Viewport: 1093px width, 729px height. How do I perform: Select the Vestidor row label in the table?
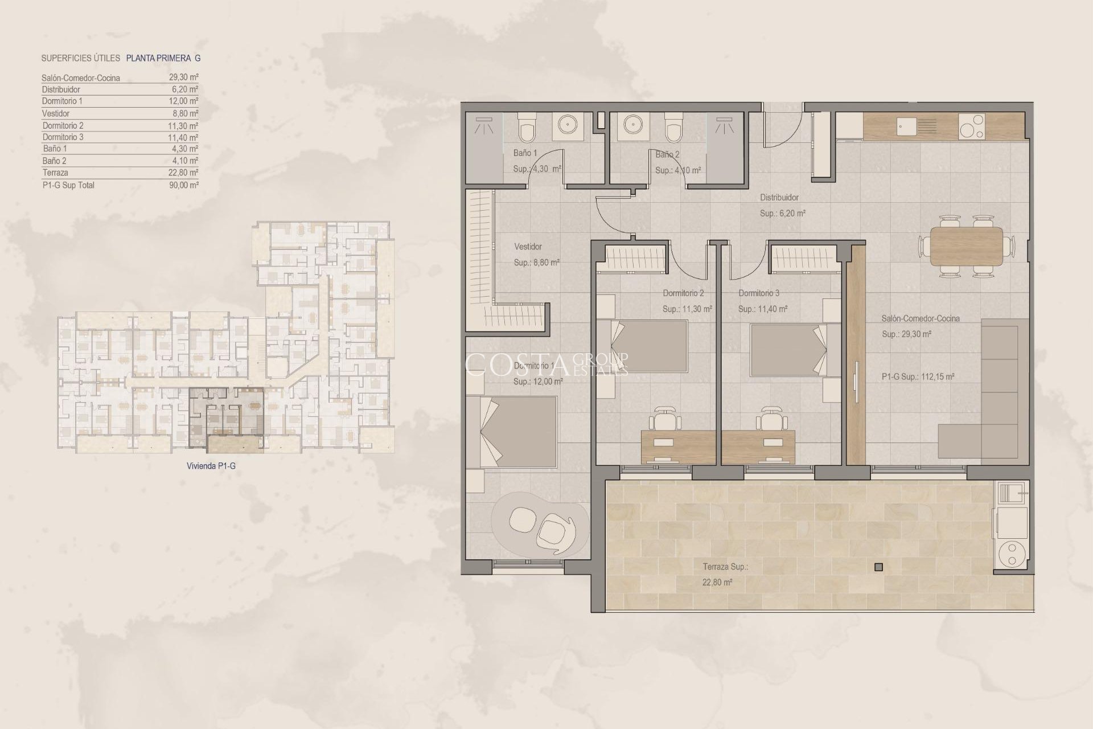click(x=56, y=113)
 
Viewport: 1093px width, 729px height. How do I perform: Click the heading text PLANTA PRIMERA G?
click(x=163, y=58)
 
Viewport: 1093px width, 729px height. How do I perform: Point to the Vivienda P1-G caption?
click(x=211, y=466)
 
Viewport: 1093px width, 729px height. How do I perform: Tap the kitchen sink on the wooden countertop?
click(x=907, y=126)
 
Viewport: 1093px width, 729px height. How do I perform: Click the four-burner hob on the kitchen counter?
click(x=971, y=126)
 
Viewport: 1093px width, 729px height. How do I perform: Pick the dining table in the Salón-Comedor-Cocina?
click(x=967, y=247)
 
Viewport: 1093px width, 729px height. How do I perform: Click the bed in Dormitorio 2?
click(x=650, y=346)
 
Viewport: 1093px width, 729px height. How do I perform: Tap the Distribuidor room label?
click(x=779, y=198)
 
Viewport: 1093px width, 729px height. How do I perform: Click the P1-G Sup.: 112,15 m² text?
click(x=918, y=376)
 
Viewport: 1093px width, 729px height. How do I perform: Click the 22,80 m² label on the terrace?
click(x=717, y=582)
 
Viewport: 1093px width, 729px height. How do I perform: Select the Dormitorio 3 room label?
click(x=759, y=293)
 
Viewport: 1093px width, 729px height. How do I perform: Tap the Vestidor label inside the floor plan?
click(x=528, y=247)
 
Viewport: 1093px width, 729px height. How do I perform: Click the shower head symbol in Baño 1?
click(x=486, y=125)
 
